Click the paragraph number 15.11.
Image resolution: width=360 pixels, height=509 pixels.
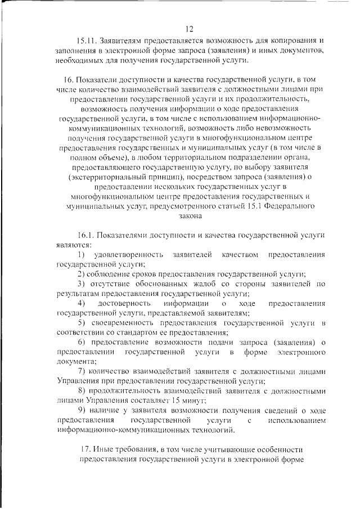tap(86, 41)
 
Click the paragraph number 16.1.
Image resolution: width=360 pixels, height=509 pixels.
tap(86, 236)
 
